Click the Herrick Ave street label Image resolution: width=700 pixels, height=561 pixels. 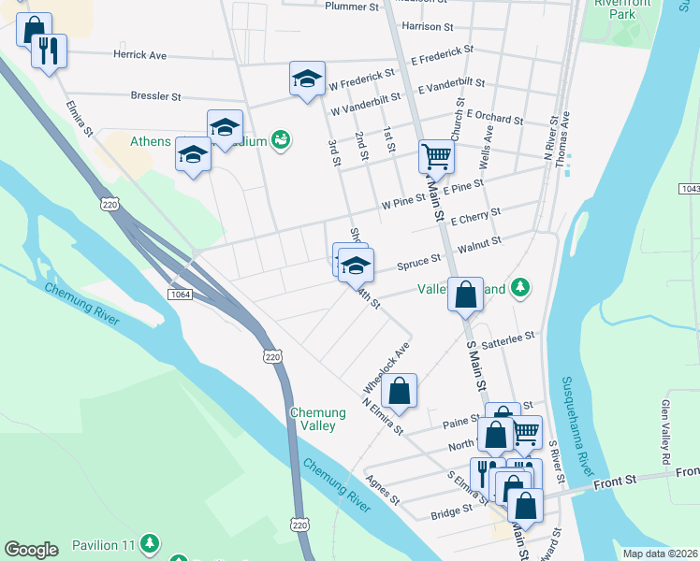139,55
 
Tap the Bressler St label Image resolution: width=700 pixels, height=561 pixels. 156,96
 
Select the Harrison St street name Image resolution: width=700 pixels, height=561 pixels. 427,27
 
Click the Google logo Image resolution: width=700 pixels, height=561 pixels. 31,549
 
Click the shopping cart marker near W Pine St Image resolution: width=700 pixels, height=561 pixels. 436,156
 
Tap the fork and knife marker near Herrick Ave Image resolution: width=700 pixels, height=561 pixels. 49,50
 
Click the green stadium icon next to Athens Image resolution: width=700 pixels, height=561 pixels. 280,139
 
